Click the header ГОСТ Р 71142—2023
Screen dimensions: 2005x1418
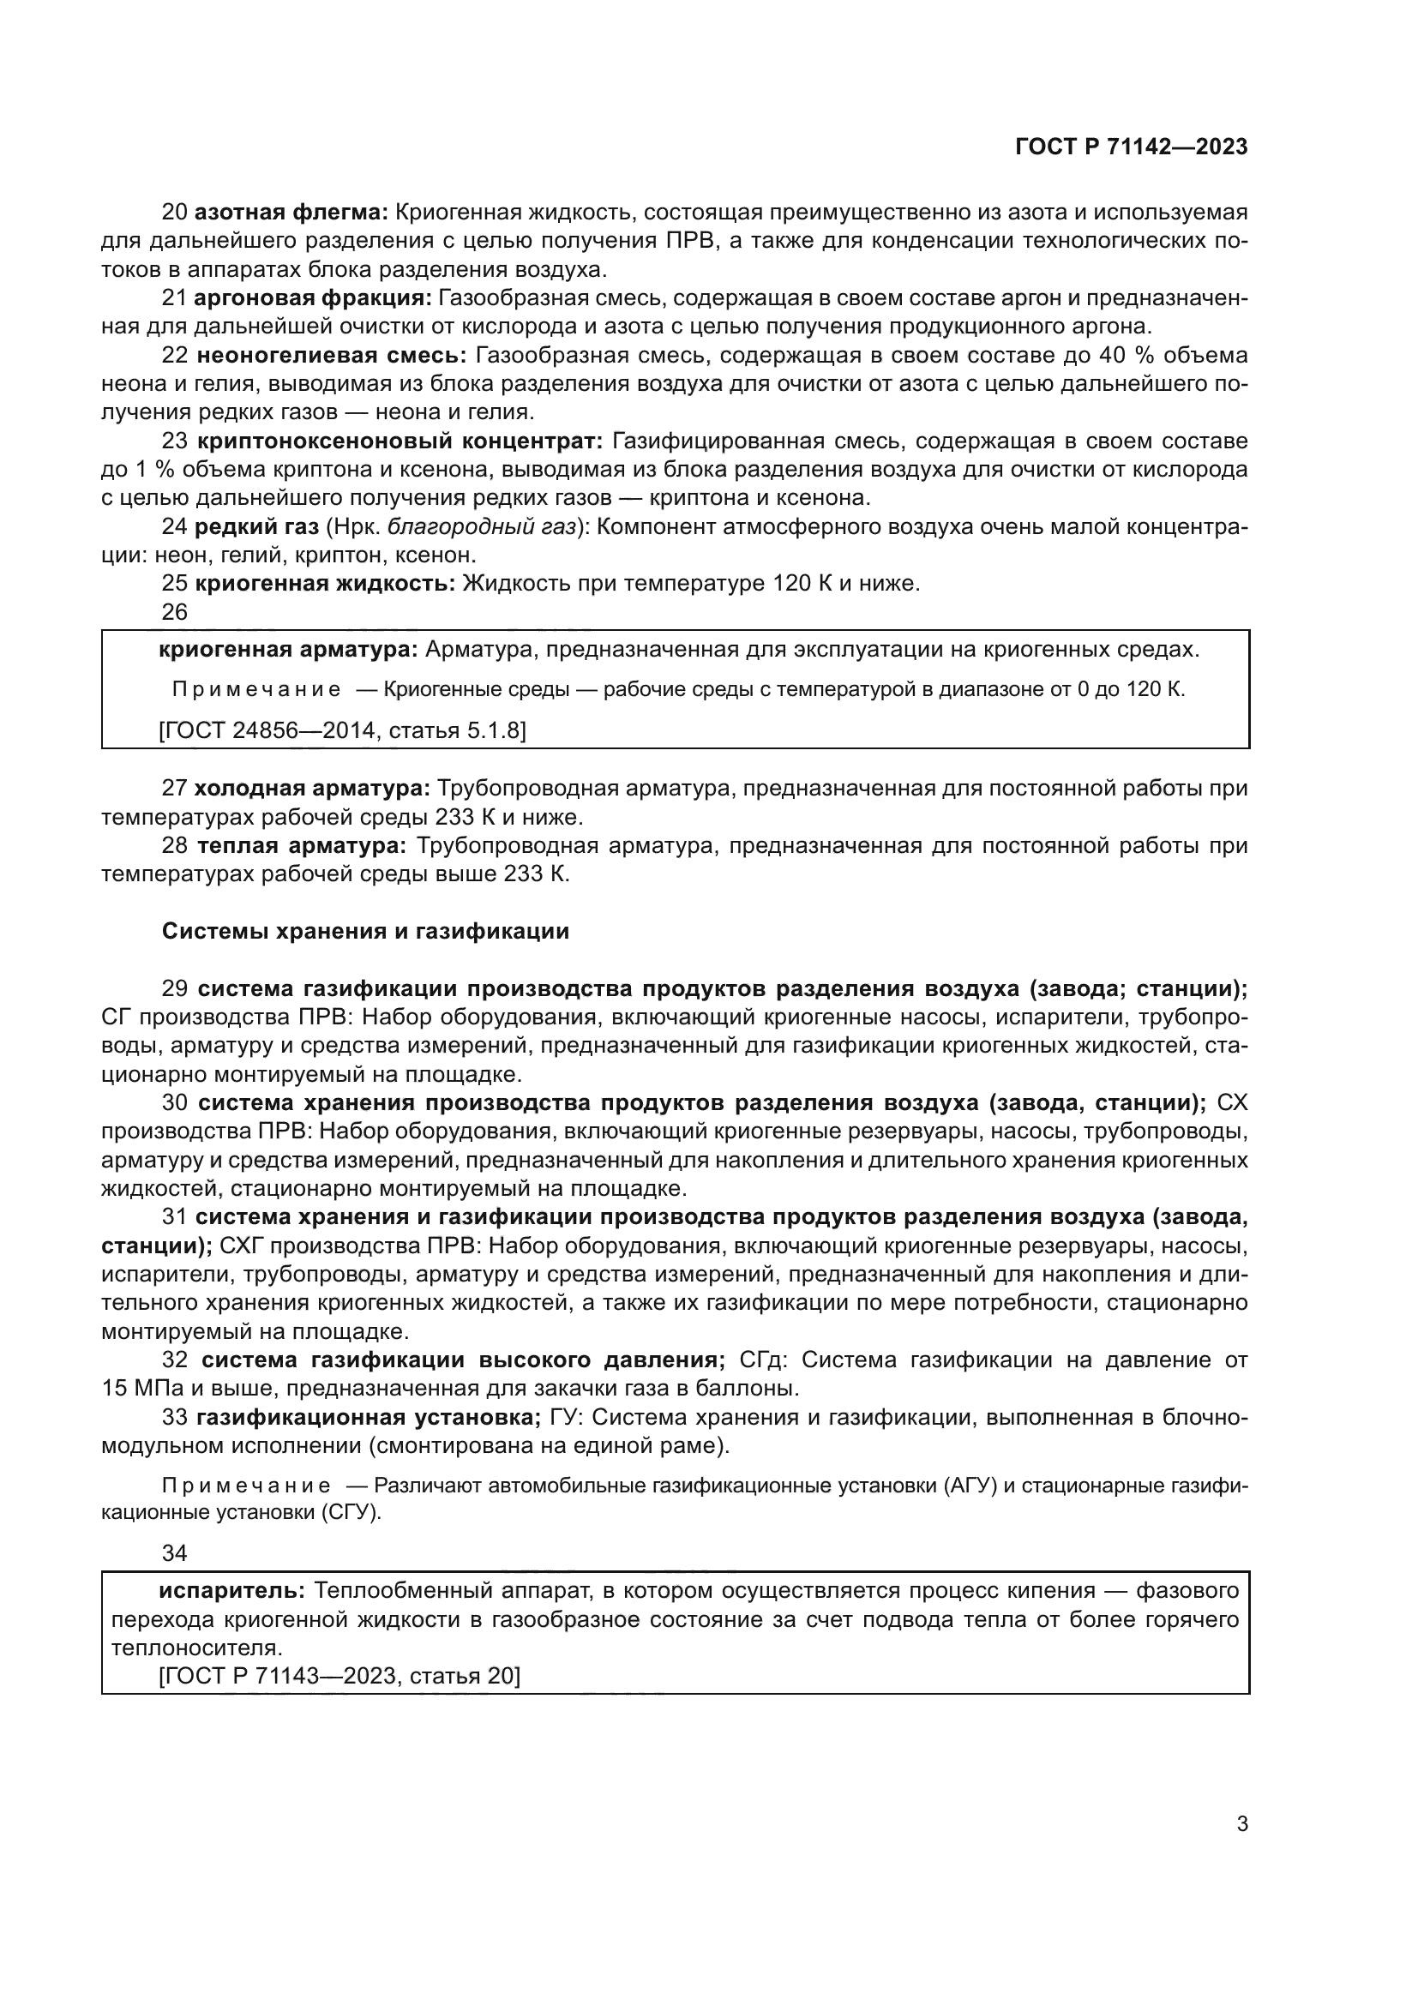coord(1131,147)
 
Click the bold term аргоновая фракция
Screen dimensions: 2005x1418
coord(313,298)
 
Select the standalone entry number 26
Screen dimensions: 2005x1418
coord(175,612)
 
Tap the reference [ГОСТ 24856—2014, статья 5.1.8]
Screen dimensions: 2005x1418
coord(342,730)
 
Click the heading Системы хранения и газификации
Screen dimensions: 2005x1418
coord(365,932)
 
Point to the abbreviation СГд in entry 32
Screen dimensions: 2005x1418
coord(763,1360)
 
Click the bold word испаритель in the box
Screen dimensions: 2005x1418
coord(231,1591)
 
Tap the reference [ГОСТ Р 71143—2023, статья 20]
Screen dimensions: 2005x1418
coord(339,1676)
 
